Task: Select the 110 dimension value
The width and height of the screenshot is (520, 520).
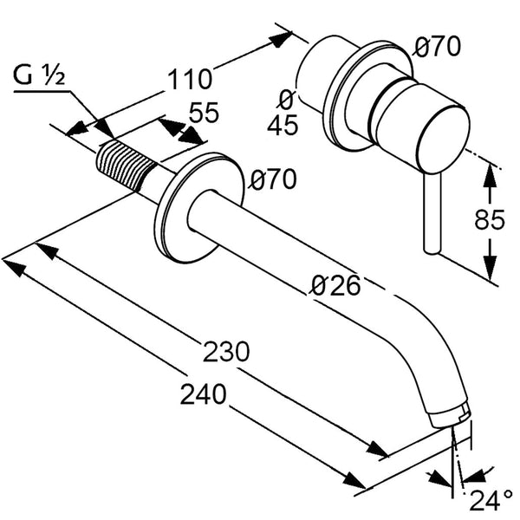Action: [188, 80]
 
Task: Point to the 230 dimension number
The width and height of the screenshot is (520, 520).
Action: [226, 353]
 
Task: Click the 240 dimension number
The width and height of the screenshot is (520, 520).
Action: [204, 395]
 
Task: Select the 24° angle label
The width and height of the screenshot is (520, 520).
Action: [491, 500]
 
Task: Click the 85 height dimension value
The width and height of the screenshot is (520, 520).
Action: [490, 220]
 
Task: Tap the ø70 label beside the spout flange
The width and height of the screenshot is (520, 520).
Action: [273, 180]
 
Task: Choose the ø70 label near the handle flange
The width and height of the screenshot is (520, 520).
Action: [438, 49]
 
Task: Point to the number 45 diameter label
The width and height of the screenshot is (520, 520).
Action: [283, 126]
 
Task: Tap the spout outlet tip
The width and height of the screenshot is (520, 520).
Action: [456, 415]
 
